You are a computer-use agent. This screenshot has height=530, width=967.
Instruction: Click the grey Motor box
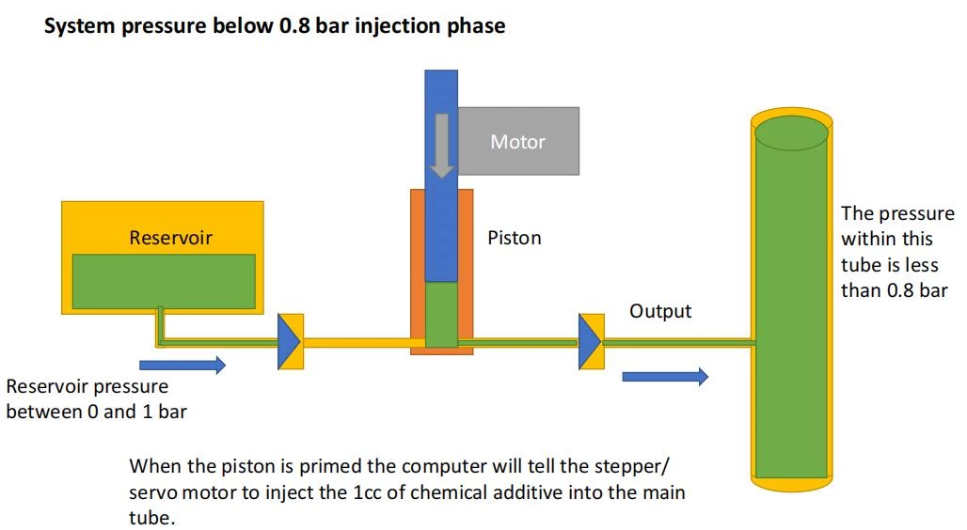pos(518,141)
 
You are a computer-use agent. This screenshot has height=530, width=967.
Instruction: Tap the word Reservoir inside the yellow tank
pos(170,238)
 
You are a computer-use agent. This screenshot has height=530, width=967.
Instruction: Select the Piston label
pos(515,238)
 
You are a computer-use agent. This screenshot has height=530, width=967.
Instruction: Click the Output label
pos(660,311)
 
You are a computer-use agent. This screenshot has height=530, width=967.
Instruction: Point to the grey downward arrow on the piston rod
pos(440,147)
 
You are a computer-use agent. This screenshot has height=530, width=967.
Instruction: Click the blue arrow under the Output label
pos(664,377)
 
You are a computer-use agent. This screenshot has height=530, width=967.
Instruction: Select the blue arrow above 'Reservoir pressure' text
pos(182,365)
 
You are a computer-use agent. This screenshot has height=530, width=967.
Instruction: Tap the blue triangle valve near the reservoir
pos(288,342)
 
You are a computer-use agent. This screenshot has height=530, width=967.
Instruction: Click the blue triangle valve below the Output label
pos(590,342)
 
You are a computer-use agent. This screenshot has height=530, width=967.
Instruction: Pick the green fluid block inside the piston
pos(440,316)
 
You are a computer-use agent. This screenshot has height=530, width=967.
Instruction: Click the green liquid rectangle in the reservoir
pos(164,281)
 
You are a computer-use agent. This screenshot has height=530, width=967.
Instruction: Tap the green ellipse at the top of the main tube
pos(791,132)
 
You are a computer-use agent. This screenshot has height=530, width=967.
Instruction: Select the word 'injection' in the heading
pos(394,26)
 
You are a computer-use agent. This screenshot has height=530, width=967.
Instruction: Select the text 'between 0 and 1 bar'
pos(96,412)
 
